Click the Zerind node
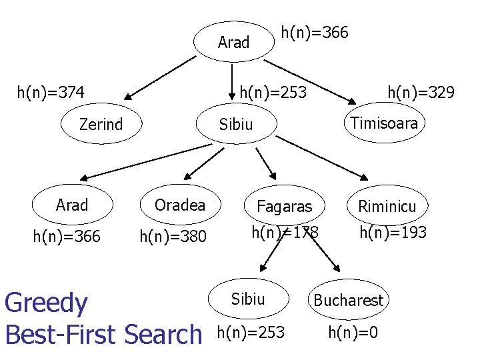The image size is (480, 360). (101, 124)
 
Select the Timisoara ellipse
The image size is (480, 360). (384, 123)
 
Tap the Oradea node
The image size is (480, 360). (180, 205)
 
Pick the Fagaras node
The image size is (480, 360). (284, 207)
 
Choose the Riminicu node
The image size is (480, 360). (387, 207)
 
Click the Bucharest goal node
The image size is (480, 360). (348, 301)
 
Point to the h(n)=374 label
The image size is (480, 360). (51, 91)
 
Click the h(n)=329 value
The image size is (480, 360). (421, 91)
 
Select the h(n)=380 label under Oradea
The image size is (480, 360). (173, 236)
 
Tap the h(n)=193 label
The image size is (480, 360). (393, 232)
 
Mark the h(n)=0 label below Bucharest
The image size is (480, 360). (353, 331)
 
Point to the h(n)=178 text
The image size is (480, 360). (285, 232)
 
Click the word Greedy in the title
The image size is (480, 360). (46, 304)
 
